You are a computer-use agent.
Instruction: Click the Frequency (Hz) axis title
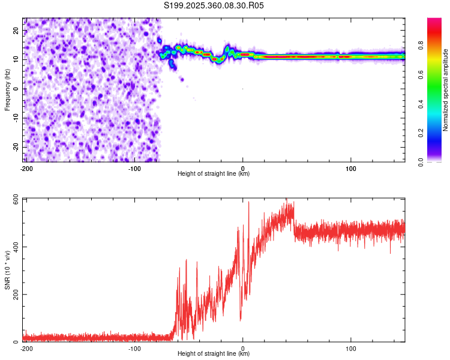pos(8,89)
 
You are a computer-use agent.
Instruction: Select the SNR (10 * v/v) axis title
pos(8,269)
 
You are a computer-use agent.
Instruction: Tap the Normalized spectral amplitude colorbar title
pos(446,89)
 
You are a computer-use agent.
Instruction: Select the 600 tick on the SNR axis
pos(14,199)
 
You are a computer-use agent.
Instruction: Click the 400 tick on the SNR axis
pos(14,247)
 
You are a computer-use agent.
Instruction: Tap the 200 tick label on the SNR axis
pos(14,295)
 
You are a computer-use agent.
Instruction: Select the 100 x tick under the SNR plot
pos(351,348)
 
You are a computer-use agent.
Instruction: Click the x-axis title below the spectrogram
pos(214,174)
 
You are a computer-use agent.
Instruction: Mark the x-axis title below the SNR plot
pos(214,354)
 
